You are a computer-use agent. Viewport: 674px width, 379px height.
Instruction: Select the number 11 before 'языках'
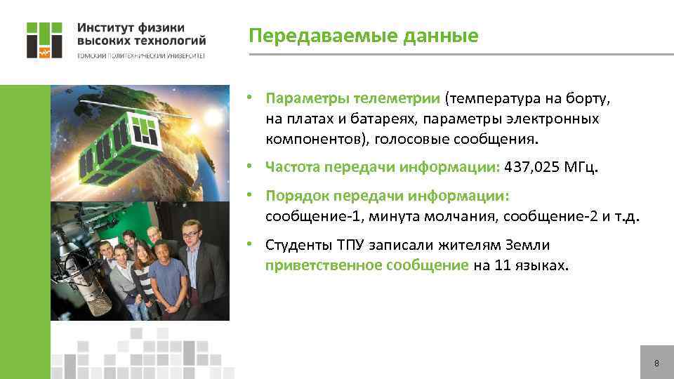pos(500,266)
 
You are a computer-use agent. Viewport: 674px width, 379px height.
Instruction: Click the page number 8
pos(656,364)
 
